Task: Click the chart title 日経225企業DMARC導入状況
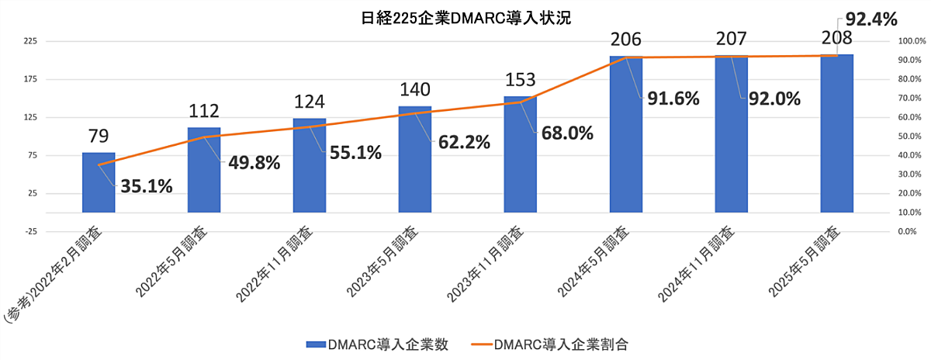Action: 465,17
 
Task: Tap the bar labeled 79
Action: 99,182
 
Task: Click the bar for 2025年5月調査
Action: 836,132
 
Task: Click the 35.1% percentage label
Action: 146,186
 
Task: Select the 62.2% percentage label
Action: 462,142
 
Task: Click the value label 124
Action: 310,102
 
